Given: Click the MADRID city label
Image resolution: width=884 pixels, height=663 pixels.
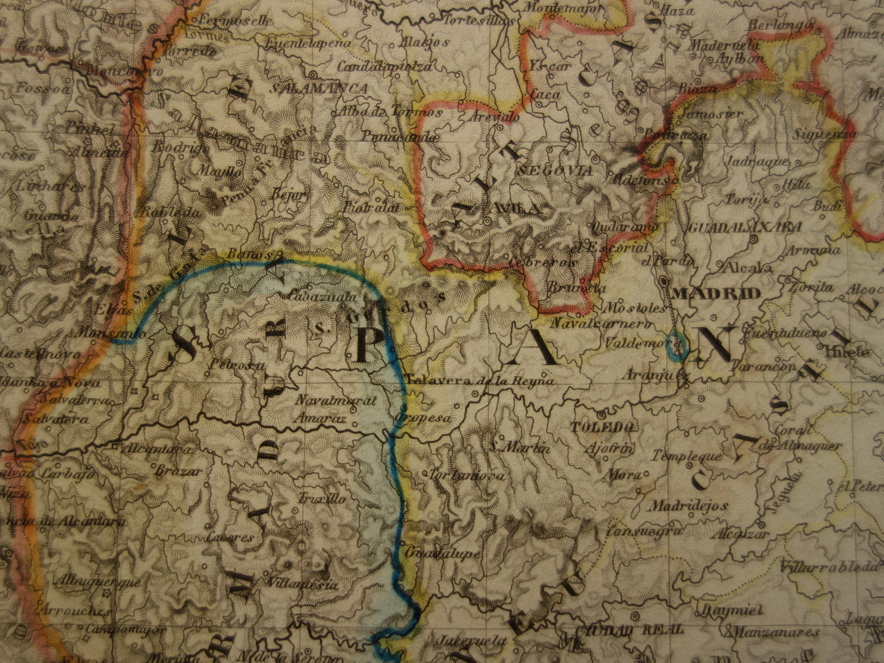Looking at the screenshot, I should [716, 293].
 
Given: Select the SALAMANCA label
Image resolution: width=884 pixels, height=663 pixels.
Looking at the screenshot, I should [319, 89].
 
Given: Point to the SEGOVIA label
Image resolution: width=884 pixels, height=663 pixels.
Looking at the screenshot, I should [554, 171].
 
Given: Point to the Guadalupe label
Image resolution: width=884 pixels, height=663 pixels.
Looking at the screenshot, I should [442, 554].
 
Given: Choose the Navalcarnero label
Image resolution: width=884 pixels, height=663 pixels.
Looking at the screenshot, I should [592, 323].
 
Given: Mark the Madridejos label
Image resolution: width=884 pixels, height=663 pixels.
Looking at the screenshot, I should [688, 506].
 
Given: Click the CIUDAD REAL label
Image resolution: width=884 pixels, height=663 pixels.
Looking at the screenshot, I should [606, 631].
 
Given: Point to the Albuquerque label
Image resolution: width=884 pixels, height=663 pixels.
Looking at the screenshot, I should [97, 582].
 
